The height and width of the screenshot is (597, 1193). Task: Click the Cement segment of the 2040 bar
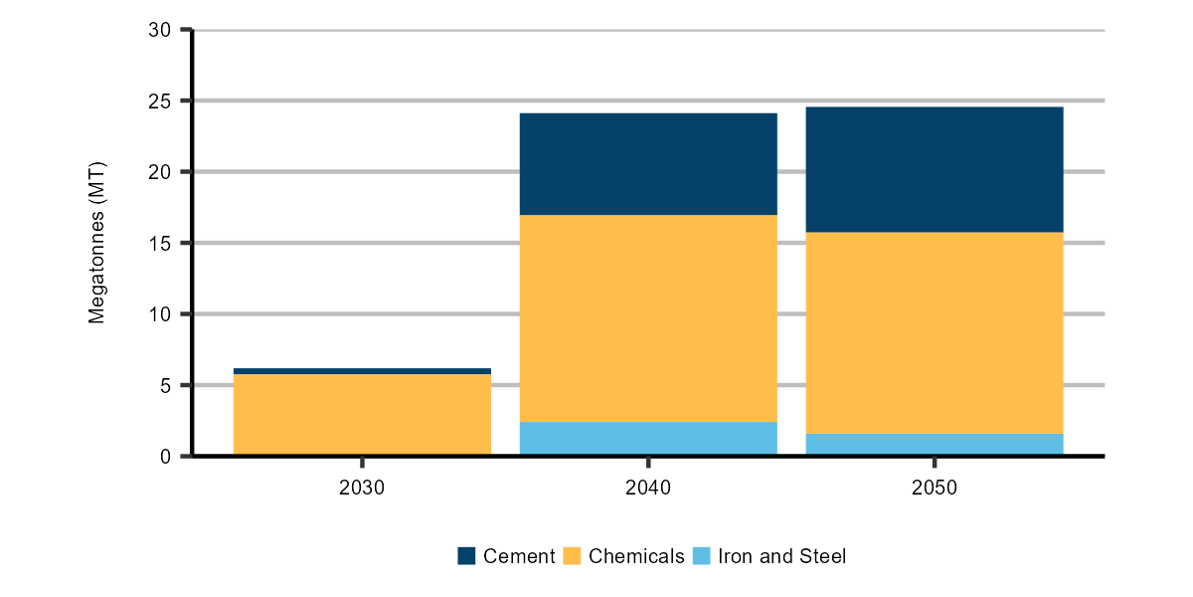648,164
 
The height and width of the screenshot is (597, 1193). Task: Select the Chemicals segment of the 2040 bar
648,318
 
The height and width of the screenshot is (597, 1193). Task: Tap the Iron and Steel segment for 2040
648,439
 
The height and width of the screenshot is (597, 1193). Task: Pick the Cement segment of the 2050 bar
935,169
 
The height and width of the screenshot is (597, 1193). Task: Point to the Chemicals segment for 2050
935,332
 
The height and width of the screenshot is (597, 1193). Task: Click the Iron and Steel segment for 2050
935,445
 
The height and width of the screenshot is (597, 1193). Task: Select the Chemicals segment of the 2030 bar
362,415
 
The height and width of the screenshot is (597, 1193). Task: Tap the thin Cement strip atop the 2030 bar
362,371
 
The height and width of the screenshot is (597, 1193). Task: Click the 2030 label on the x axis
362,489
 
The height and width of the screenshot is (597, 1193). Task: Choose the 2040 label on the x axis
648,489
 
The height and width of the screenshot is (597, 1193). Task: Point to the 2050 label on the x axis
935,489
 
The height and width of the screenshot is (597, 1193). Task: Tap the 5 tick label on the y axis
166,386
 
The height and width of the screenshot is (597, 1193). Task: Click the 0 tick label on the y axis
166,457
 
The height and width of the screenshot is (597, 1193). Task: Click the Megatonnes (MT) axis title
96,244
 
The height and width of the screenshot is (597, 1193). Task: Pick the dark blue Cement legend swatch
466,556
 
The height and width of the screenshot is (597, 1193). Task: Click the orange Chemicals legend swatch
572,556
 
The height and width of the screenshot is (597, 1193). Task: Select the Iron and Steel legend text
781,556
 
